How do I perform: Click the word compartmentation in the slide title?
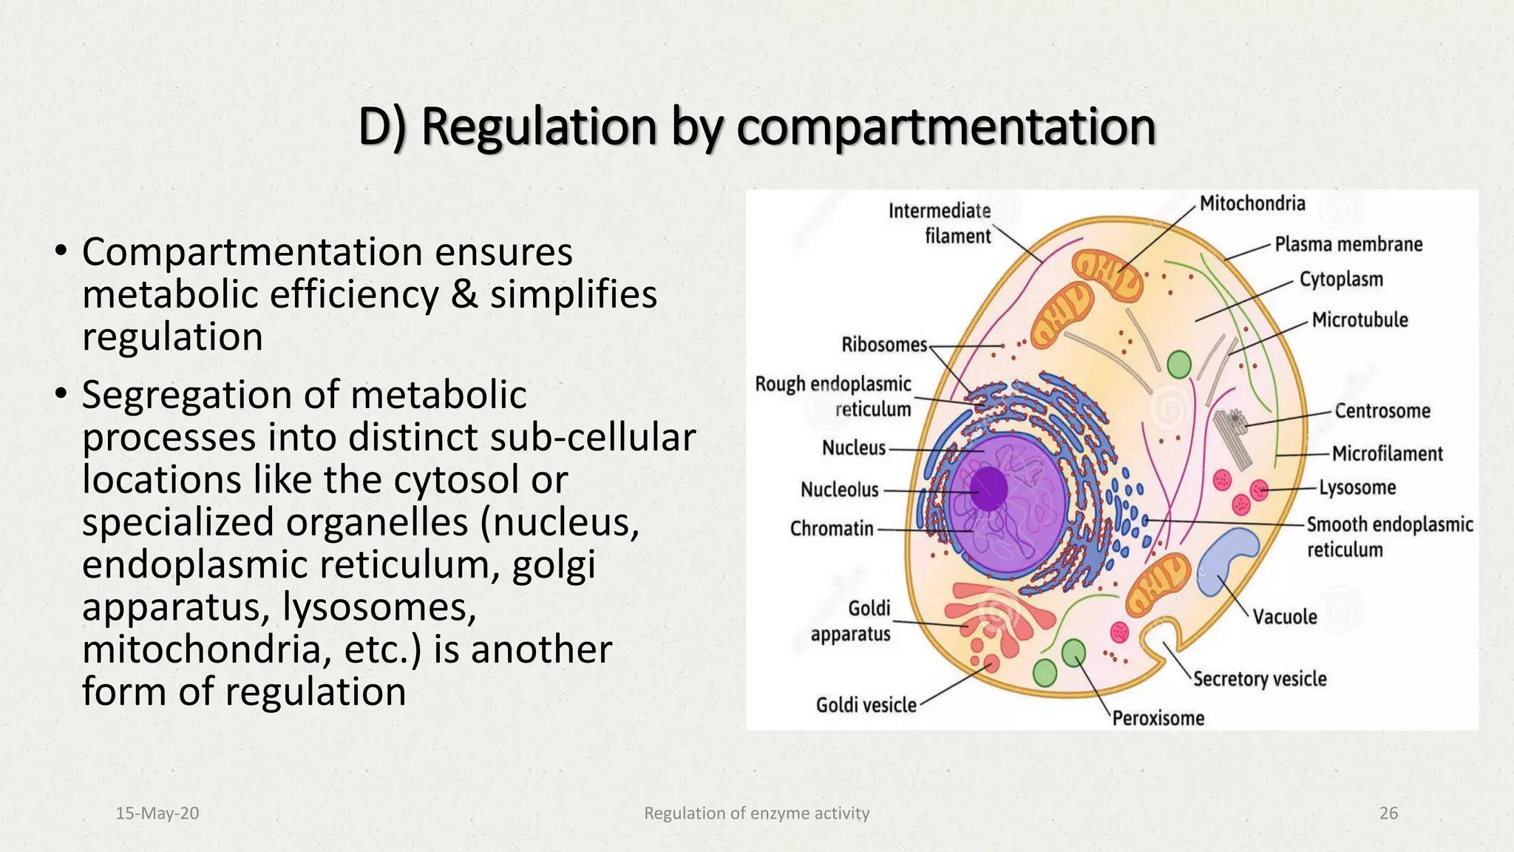946,127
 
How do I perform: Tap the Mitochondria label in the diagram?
1252,203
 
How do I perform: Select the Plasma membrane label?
1348,244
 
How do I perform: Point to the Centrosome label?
1382,411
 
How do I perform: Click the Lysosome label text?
1357,487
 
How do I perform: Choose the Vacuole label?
1284,617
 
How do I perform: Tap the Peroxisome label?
1158,718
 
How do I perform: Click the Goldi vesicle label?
866,706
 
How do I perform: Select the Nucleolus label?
839,490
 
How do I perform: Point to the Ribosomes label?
883,345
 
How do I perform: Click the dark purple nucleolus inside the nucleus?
988,489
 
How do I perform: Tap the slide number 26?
1388,813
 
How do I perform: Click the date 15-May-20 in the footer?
157,813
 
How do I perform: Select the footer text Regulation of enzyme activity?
756,813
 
